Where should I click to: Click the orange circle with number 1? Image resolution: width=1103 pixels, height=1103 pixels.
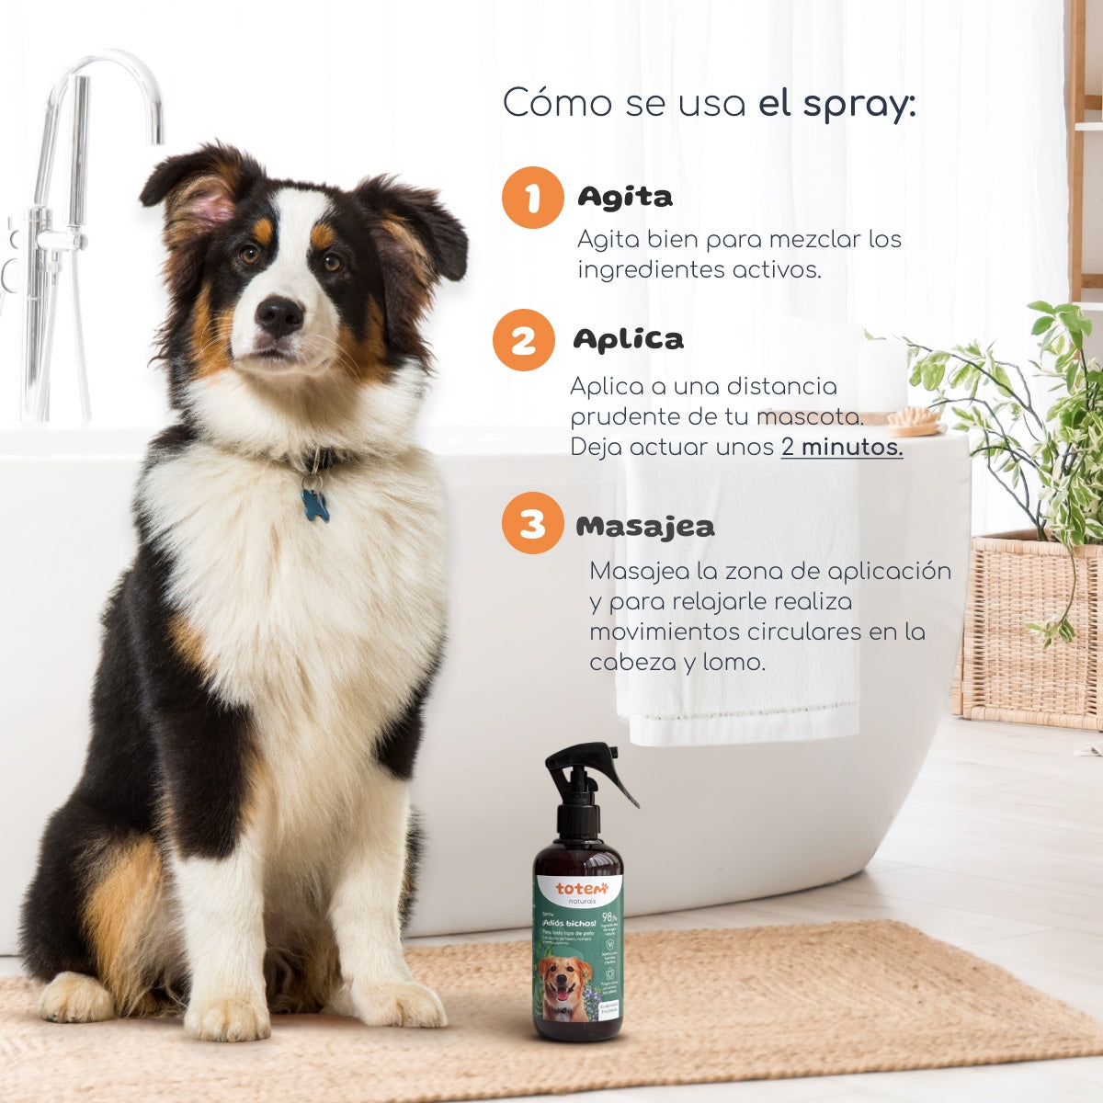(532, 198)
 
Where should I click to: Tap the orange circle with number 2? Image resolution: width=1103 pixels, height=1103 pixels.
(523, 340)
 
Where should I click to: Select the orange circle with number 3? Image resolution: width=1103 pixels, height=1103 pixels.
(532, 524)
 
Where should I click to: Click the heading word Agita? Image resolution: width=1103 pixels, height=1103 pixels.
(625, 197)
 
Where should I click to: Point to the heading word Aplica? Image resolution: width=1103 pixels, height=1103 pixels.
(629, 339)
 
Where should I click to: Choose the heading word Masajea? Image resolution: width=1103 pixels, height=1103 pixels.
(645, 527)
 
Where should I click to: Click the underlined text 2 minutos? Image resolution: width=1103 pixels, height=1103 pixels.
(842, 448)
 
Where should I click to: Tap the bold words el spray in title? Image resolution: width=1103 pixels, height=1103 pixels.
(836, 104)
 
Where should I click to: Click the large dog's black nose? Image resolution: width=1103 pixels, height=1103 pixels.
(279, 315)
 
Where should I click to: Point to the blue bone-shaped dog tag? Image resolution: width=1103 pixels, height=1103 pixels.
(314, 505)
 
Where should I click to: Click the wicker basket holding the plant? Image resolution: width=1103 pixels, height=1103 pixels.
(1029, 634)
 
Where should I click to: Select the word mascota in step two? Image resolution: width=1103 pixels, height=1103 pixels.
(810, 416)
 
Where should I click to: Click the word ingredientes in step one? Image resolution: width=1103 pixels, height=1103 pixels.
(651, 270)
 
